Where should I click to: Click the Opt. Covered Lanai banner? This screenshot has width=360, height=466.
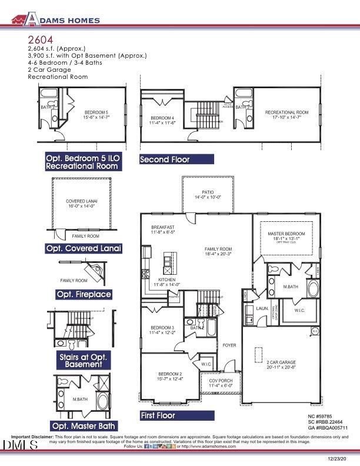(x=84, y=249)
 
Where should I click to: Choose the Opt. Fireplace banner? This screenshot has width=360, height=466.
(x=84, y=294)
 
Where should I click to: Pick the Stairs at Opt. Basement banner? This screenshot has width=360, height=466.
(x=84, y=361)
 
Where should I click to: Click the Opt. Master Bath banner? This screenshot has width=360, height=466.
(x=84, y=426)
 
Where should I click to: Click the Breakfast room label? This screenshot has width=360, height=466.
(x=162, y=227)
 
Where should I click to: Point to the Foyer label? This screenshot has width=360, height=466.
(x=229, y=345)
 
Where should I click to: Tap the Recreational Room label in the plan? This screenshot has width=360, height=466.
(x=286, y=112)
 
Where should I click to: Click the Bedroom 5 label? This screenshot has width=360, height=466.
(x=96, y=112)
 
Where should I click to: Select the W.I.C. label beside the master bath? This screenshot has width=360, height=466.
(x=298, y=310)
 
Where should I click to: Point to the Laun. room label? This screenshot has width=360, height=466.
(x=262, y=308)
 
